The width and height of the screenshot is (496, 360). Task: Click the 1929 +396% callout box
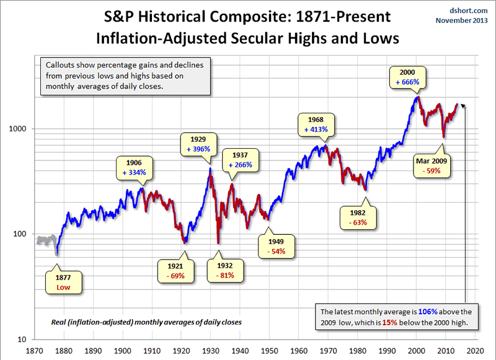tap(197, 143)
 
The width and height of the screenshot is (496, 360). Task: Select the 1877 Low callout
tap(63, 282)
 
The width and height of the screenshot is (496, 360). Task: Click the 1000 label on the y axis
tap(19, 130)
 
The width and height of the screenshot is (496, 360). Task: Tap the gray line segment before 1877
tap(46, 240)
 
